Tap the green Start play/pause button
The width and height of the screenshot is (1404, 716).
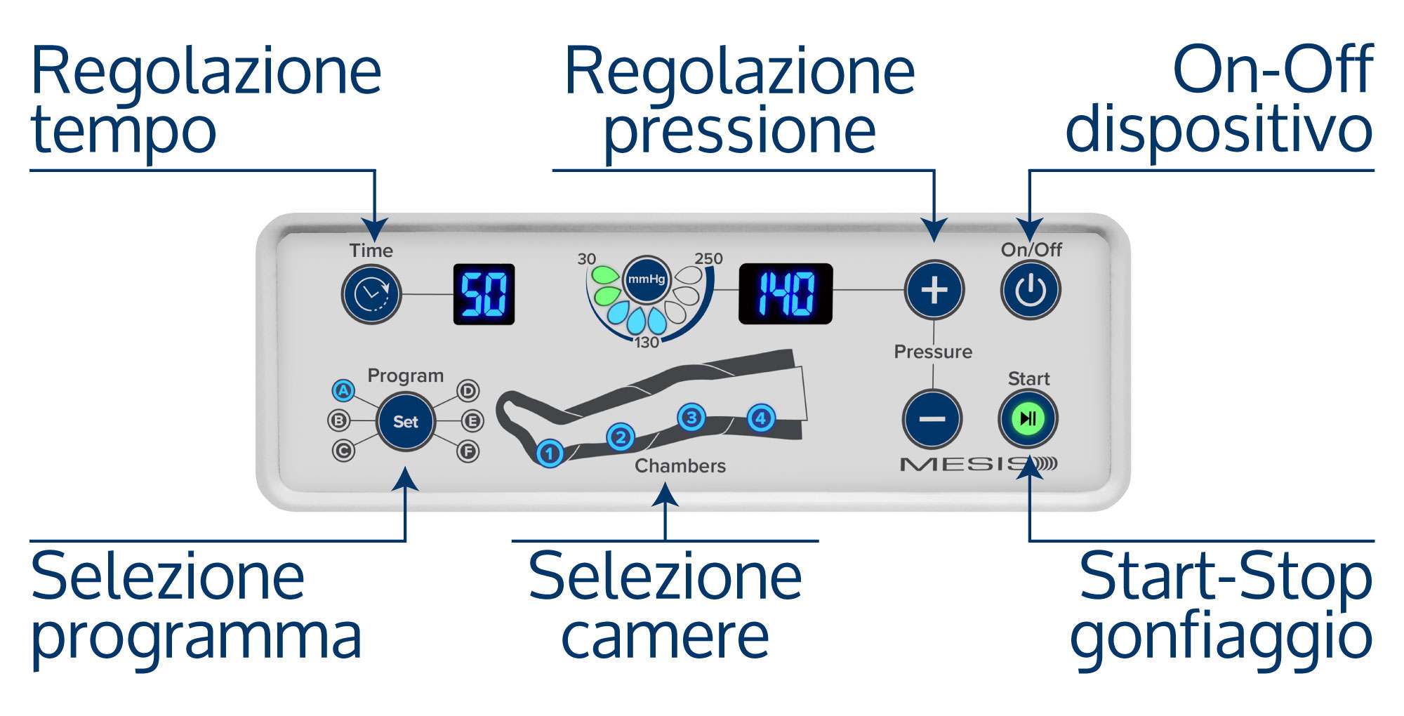tap(1028, 419)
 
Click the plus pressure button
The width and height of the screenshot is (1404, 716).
tap(934, 289)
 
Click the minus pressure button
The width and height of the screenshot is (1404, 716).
tap(932, 419)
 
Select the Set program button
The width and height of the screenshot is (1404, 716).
tap(406, 421)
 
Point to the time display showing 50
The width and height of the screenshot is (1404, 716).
tap(484, 294)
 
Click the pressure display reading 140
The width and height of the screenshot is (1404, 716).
tap(786, 293)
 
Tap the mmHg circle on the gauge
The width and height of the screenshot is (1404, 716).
tap(646, 279)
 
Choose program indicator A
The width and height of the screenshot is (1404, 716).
tap(343, 390)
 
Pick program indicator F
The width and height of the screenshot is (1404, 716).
tap(468, 451)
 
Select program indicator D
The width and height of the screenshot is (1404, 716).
tap(468, 390)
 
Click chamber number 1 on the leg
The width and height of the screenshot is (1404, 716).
tap(550, 453)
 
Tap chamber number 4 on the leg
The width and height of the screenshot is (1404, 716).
tap(761, 418)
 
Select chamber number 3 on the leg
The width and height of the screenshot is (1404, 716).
tap(691, 418)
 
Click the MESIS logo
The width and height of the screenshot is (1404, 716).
tap(979, 464)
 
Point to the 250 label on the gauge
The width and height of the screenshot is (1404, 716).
tap(708, 258)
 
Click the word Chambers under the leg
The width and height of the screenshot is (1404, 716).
tap(680, 466)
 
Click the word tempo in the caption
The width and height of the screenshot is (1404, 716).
tap(124, 132)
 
